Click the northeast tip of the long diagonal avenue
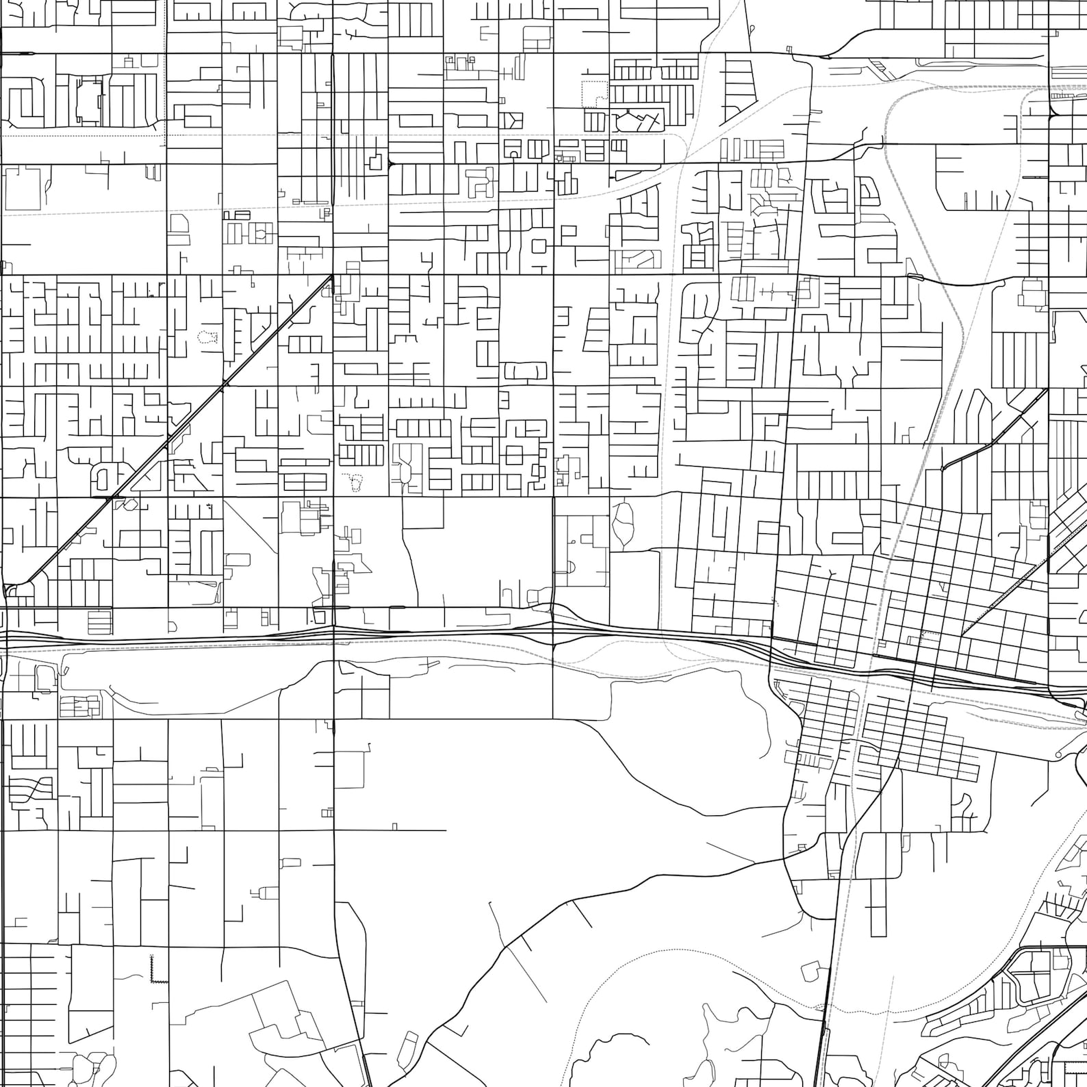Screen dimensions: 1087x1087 click(x=332, y=276)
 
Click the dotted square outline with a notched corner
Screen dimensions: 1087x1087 click(x=594, y=93)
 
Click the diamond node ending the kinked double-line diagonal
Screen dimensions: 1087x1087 click(x=943, y=468)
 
